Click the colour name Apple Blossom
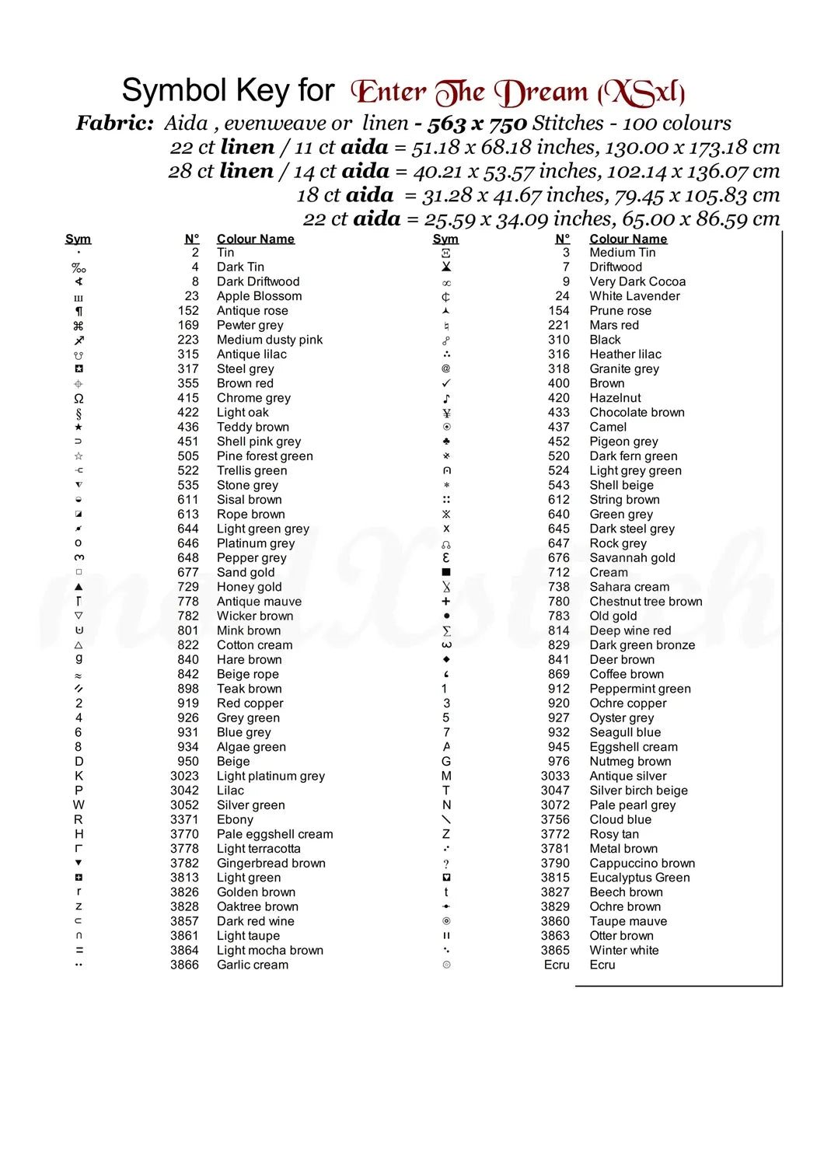259,296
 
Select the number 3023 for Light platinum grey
184,776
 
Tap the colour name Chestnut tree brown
645,602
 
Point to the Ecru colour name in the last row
602,965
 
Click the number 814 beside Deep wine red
558,630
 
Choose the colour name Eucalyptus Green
639,878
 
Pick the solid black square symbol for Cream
446,572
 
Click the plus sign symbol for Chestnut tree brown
446,602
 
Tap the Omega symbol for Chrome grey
79,398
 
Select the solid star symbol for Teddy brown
79,427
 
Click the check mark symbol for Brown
446,383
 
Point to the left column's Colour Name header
255,239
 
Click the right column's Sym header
445,239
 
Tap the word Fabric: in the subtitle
115,124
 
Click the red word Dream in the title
543,93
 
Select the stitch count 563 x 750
477,124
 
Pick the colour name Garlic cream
252,965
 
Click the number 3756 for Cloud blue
555,819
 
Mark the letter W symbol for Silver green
79,805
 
